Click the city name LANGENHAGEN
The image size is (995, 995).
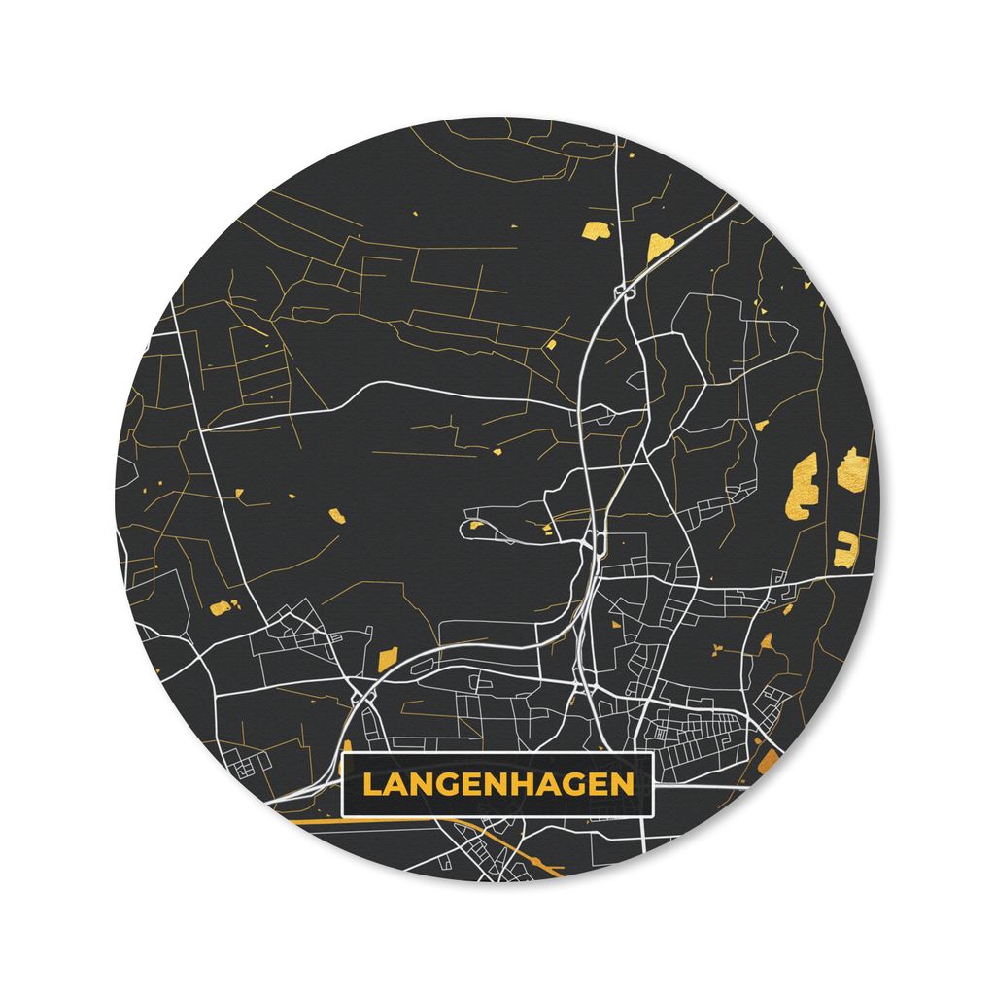[x=497, y=783]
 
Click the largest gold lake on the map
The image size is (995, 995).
[x=805, y=486]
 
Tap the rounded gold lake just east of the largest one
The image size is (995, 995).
[x=852, y=469]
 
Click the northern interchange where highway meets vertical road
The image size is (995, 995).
[x=623, y=289]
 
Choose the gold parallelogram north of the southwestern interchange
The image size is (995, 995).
[x=386, y=658]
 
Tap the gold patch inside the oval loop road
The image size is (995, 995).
[x=476, y=526]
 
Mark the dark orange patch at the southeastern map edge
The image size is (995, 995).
[x=769, y=759]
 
